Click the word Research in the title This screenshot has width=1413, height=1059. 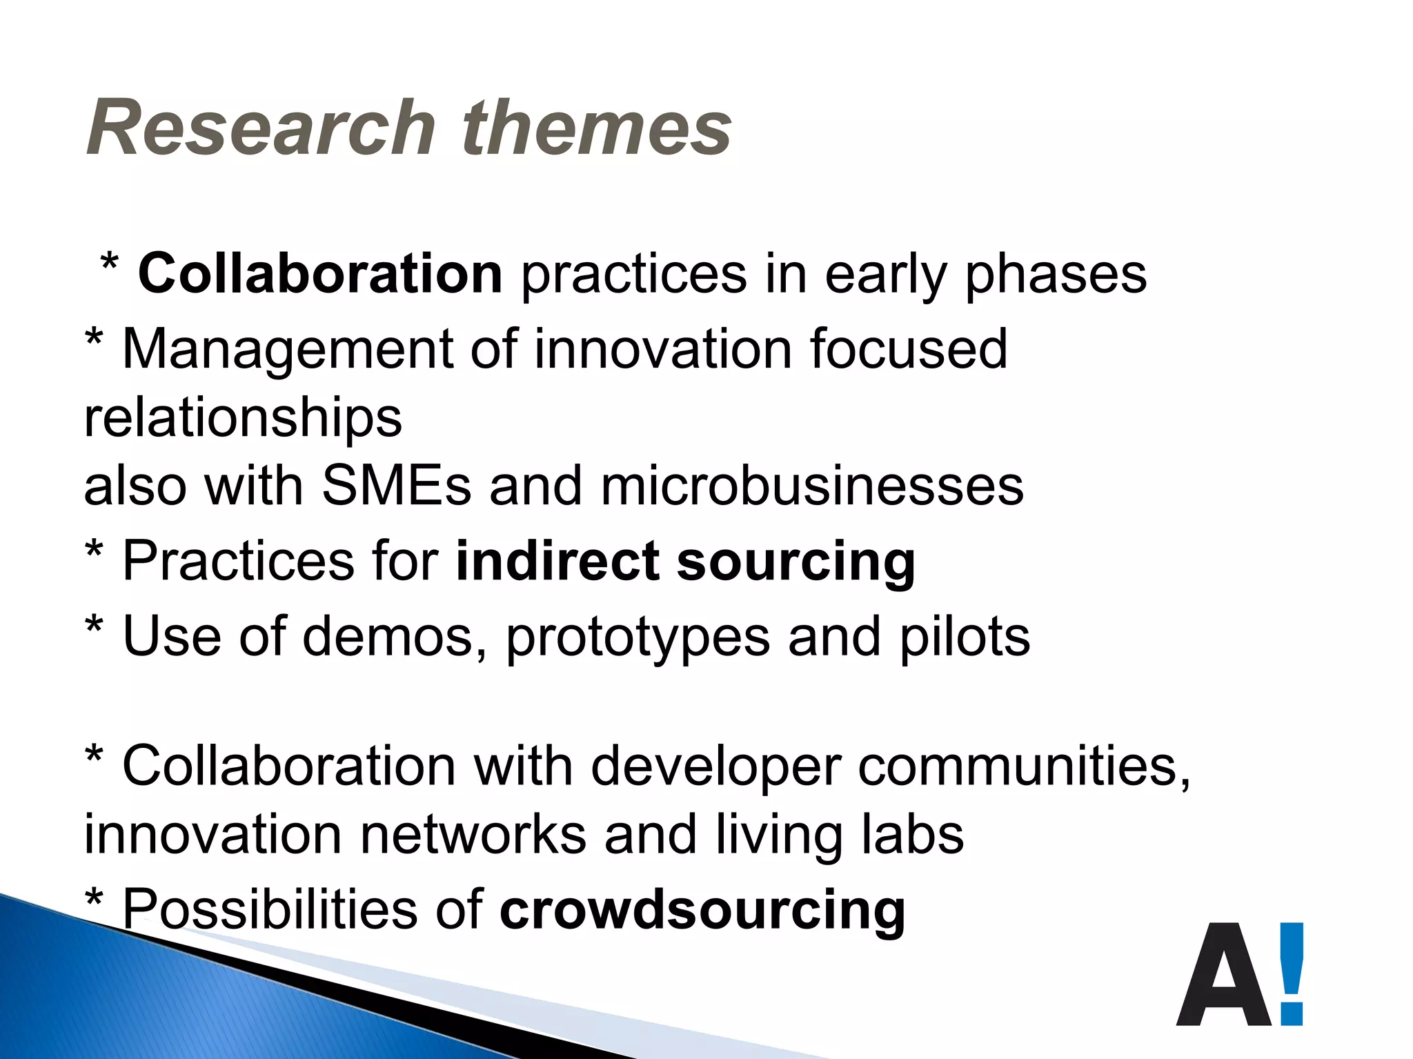coord(261,128)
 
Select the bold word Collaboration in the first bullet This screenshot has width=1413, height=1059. coord(320,274)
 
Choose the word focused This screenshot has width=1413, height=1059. coord(908,348)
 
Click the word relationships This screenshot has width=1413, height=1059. coord(243,418)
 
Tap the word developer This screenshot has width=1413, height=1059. coord(715,767)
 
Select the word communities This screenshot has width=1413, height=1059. coord(1023,766)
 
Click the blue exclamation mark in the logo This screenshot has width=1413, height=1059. coord(1292,973)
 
